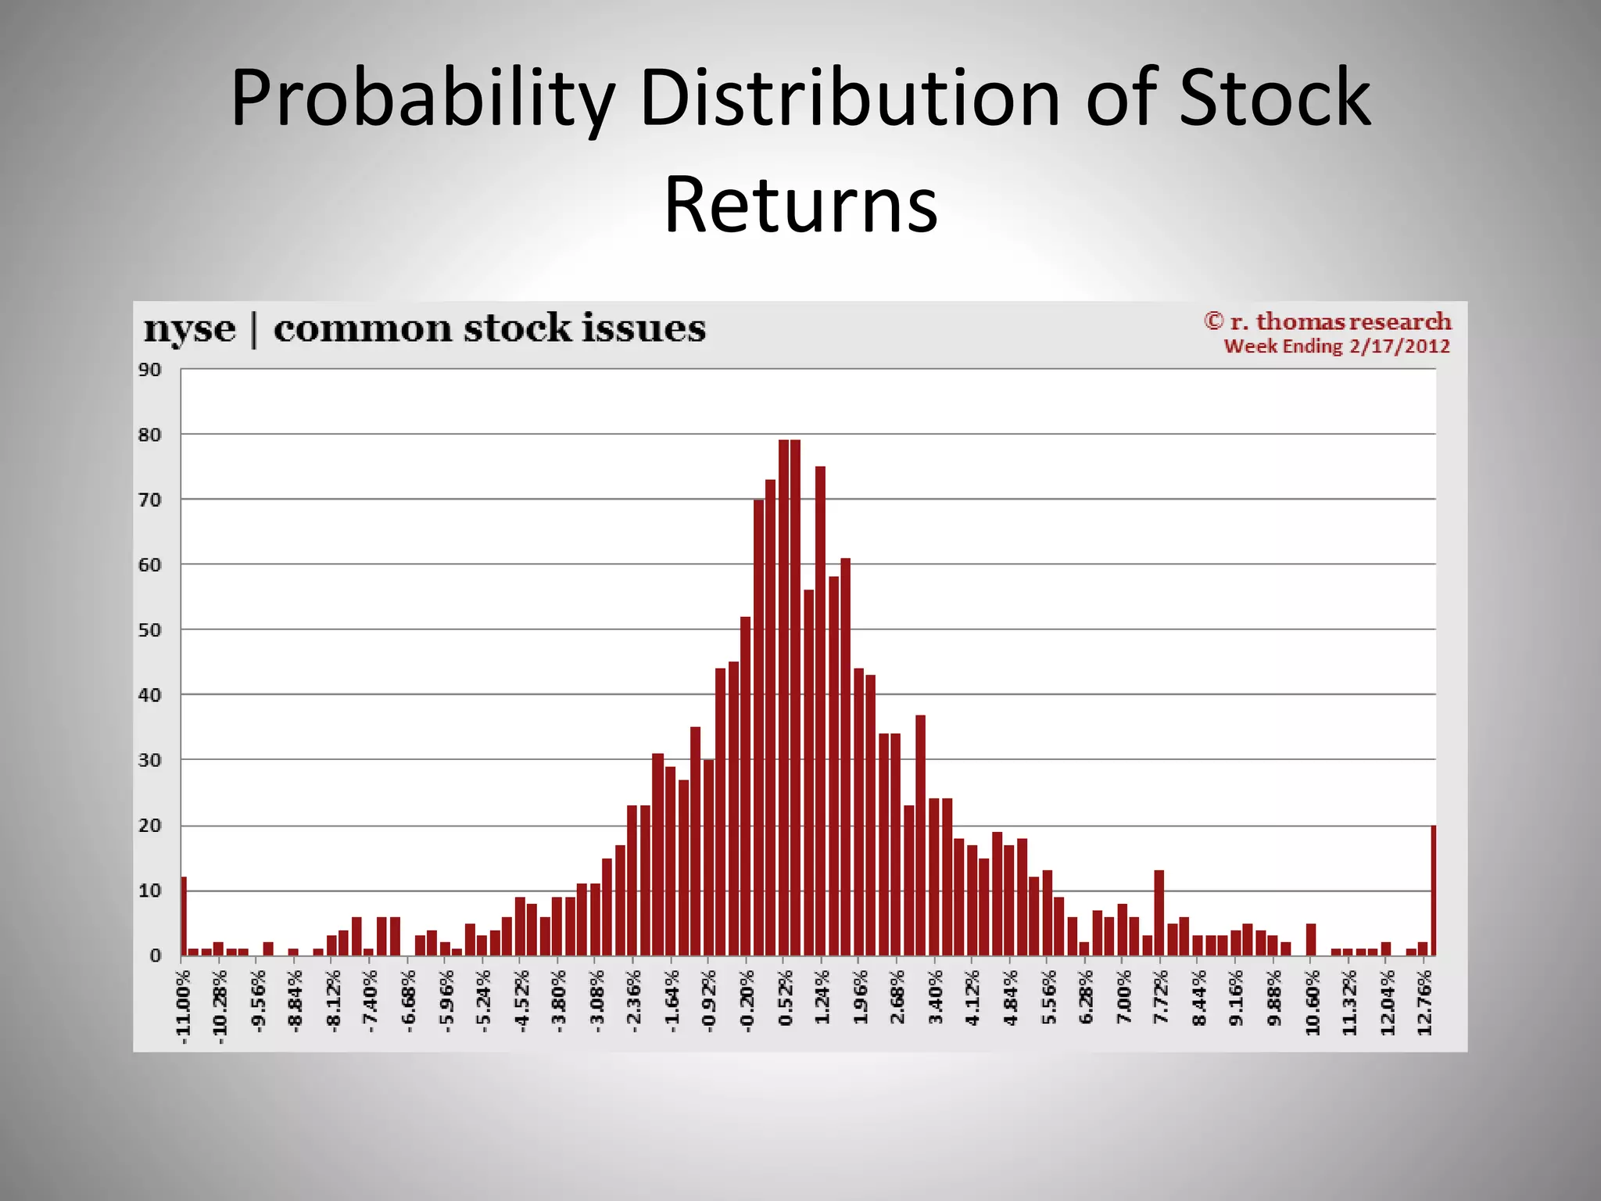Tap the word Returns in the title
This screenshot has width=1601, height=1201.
coord(800,204)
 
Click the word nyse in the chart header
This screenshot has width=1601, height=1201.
coord(189,328)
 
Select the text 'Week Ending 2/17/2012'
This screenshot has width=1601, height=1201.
coord(1337,346)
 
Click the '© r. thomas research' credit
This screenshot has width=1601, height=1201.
coord(1327,321)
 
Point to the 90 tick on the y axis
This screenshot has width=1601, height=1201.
coord(150,370)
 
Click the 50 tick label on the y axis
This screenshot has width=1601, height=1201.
coord(150,630)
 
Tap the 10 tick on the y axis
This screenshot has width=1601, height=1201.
coord(150,891)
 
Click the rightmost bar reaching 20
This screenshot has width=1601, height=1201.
coord(1433,891)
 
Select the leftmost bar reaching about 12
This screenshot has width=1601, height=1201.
coord(184,916)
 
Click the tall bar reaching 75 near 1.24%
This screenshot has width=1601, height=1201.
coord(820,712)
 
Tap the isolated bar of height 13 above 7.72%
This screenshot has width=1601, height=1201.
coord(1159,913)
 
